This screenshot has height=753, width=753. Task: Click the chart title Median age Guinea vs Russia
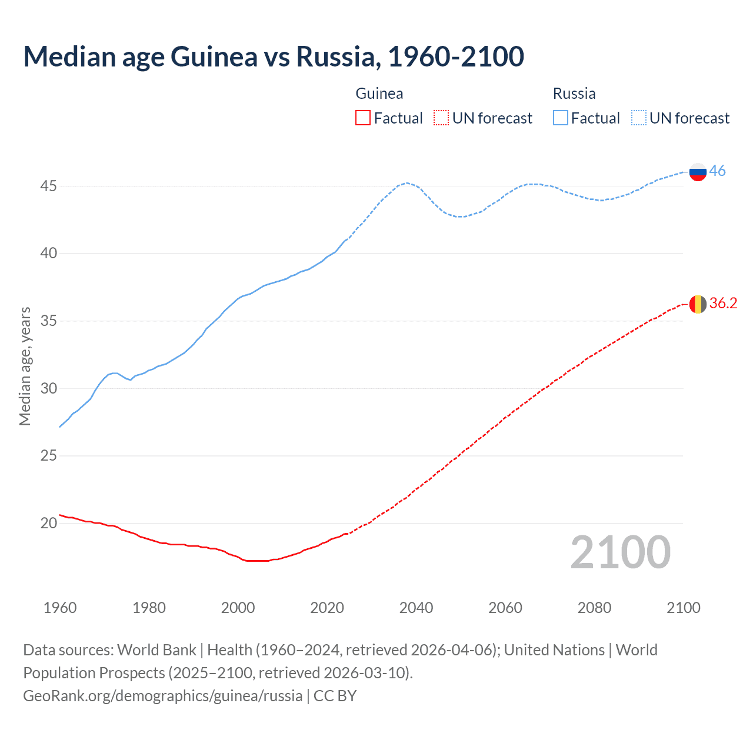click(273, 56)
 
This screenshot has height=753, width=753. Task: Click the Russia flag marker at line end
click(698, 172)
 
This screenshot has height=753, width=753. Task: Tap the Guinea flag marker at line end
click(698, 304)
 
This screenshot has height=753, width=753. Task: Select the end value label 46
click(717, 171)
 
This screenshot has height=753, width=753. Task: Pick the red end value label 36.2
click(723, 303)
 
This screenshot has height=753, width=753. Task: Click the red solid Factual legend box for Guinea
click(363, 118)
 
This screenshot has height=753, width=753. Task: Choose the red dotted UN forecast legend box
click(441, 118)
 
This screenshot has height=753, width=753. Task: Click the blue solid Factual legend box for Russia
click(561, 118)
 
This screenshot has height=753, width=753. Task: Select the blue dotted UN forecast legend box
click(638, 118)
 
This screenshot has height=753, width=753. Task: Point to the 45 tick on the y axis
click(48, 186)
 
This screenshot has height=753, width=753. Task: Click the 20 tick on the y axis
click(48, 523)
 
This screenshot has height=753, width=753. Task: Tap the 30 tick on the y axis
click(48, 388)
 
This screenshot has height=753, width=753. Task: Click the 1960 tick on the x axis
click(60, 608)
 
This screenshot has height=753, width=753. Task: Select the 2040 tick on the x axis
click(416, 608)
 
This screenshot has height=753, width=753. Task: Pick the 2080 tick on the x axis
click(594, 608)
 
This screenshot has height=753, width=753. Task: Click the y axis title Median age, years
click(25, 366)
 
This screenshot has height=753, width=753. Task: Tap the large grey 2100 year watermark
click(620, 552)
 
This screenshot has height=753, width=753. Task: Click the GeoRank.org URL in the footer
click(162, 696)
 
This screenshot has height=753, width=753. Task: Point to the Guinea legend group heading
click(379, 94)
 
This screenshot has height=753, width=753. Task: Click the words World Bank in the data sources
click(156, 650)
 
